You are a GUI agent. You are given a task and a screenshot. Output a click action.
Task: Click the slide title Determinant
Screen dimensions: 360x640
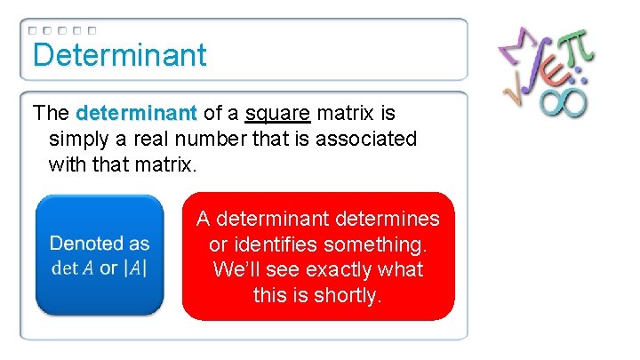click(119, 54)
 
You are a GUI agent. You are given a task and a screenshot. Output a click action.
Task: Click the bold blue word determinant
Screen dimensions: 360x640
click(136, 114)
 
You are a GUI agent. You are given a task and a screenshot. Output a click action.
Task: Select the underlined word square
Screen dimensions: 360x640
click(277, 114)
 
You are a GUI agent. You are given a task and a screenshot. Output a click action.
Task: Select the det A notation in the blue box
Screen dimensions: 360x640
click(72, 268)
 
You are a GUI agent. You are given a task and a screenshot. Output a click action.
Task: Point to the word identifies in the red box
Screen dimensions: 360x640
click(273, 244)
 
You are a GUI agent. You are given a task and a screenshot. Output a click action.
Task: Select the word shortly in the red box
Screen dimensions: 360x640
click(348, 294)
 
